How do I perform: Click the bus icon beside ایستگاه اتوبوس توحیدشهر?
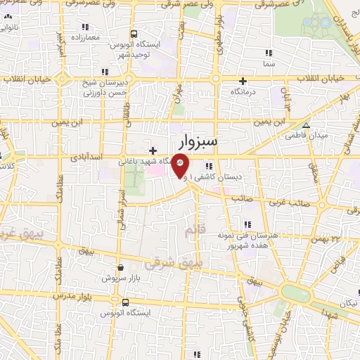point(133,33)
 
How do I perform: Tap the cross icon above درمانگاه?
point(243,80)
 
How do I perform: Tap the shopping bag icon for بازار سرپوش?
point(121,267)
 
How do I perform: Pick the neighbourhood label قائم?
point(191,230)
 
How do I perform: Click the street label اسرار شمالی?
point(124,205)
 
